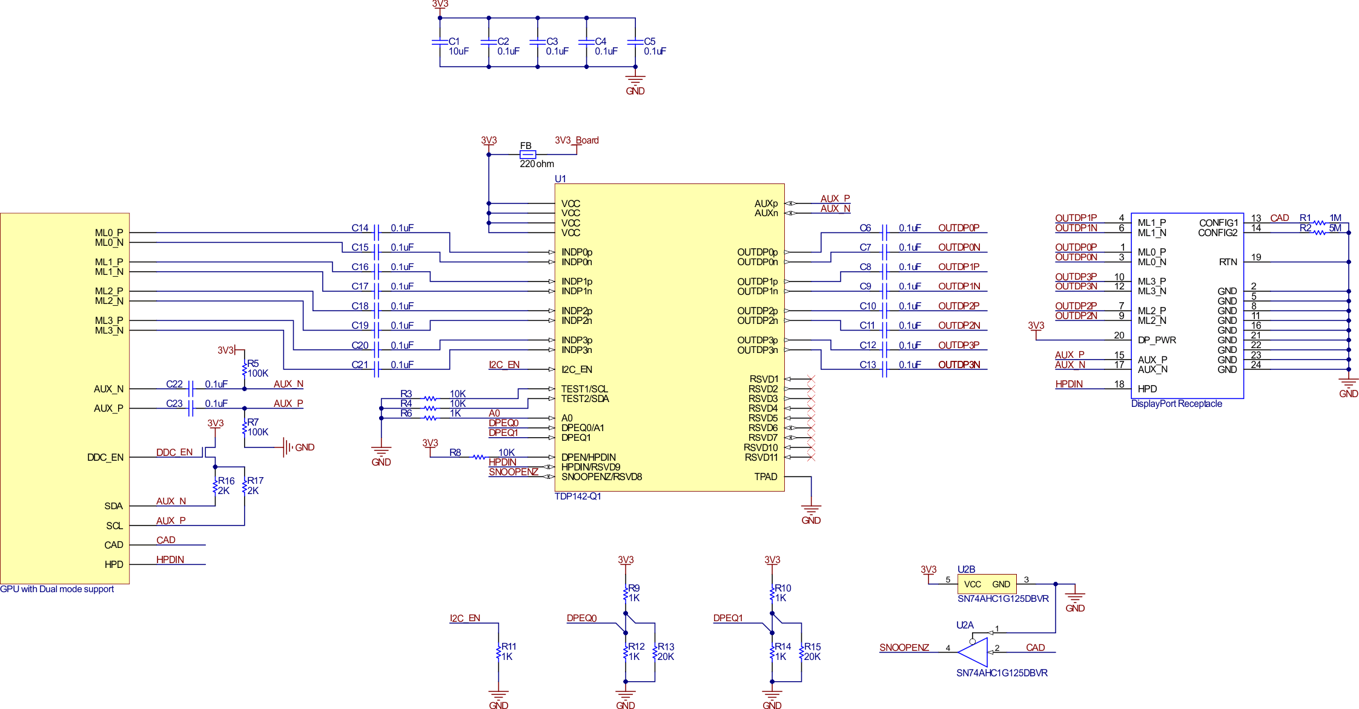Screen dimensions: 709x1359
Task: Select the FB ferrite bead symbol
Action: (527, 154)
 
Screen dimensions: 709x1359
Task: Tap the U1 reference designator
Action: (560, 179)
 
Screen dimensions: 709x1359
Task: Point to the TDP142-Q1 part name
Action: (578, 496)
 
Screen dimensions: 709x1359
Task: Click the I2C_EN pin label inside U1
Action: (577, 369)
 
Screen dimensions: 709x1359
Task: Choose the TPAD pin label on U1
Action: (765, 477)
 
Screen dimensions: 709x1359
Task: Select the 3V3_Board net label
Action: (577, 140)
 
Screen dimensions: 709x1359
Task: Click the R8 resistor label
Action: (455, 452)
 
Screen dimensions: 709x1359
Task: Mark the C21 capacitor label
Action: (360, 364)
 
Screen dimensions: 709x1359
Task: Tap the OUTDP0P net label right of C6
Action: (958, 228)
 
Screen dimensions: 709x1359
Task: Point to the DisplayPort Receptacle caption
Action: (1176, 404)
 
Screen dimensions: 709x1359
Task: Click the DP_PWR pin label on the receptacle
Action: (1157, 340)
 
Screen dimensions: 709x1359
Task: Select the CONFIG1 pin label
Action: (1218, 223)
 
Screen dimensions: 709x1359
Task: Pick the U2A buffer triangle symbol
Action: (973, 652)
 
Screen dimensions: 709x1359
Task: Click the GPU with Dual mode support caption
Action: (57, 589)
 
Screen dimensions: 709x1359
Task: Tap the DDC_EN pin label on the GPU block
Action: (105, 457)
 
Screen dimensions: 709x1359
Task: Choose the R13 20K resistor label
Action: (666, 651)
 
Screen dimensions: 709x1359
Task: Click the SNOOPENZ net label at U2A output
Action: (904, 647)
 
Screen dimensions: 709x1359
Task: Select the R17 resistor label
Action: (254, 486)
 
